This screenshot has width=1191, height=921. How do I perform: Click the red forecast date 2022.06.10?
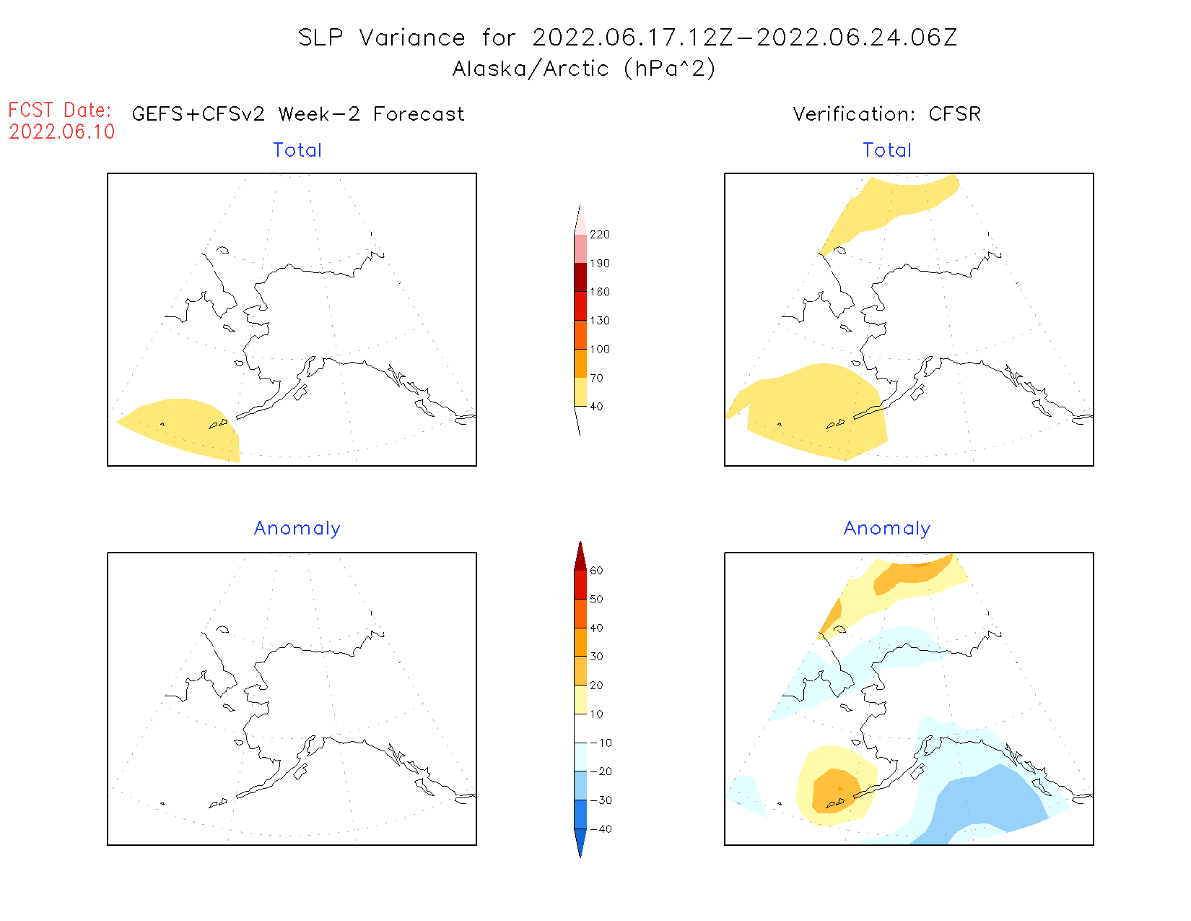coord(62,131)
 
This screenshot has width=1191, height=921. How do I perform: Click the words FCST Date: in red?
coord(60,110)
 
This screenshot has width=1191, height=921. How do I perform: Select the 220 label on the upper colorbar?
coord(599,235)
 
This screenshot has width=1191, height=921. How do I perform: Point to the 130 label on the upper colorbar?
coord(599,321)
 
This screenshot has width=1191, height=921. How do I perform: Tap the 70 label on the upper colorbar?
coord(596,378)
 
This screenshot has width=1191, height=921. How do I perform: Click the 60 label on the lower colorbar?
coord(596,571)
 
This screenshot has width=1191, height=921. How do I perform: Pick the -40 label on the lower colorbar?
coord(601,829)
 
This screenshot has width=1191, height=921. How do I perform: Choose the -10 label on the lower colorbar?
coord(601,743)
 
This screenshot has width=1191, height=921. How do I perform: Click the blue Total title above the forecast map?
coord(297,150)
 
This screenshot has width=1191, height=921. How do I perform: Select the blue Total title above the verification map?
coord(887,150)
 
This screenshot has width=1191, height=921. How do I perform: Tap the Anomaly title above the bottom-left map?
coord(297,529)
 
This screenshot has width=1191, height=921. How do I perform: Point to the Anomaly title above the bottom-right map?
coord(887,529)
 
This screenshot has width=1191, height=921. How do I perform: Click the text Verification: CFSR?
coord(886,114)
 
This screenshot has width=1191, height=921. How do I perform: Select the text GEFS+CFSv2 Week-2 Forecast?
coord(298,114)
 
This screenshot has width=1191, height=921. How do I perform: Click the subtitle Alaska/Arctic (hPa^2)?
coord(584,69)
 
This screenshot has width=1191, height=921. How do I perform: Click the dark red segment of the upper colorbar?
coord(580,277)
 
